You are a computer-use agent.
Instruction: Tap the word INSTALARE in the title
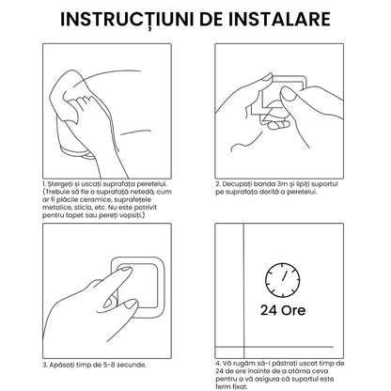click(x=279, y=19)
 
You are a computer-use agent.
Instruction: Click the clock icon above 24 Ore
click(x=283, y=280)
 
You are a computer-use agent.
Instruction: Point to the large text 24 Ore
click(x=283, y=310)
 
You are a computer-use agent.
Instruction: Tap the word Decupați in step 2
click(x=237, y=184)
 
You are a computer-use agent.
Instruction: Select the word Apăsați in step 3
click(x=61, y=365)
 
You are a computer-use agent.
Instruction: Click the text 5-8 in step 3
click(x=109, y=365)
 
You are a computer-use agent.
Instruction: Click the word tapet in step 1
click(x=75, y=215)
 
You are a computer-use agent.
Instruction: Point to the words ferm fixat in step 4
click(x=231, y=386)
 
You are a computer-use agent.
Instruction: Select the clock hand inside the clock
click(x=285, y=275)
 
